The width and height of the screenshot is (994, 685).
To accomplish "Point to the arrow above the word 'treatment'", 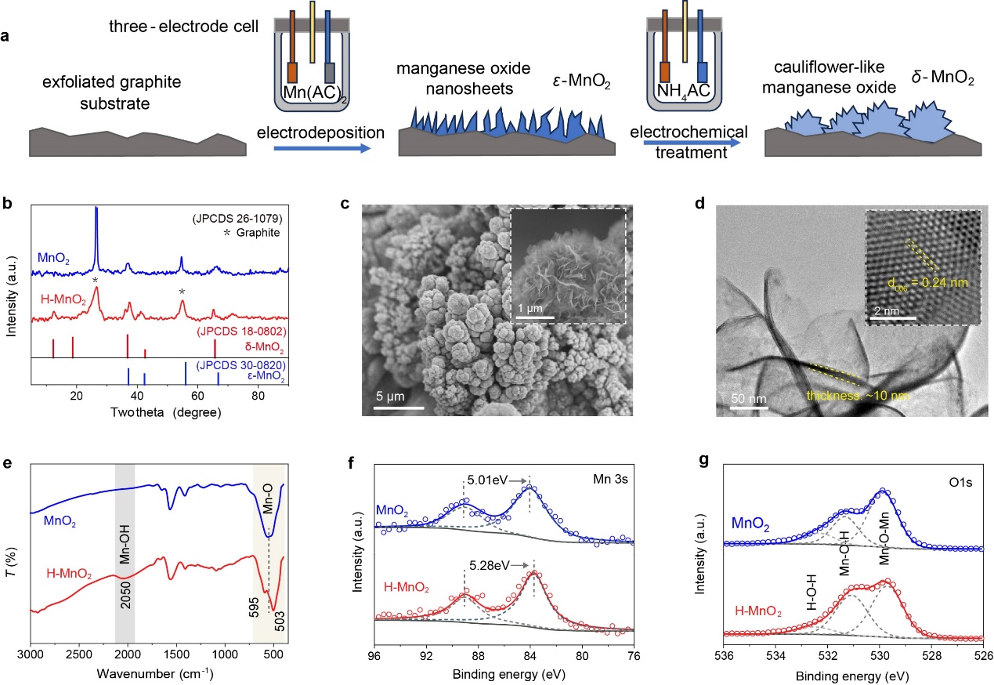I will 690,143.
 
